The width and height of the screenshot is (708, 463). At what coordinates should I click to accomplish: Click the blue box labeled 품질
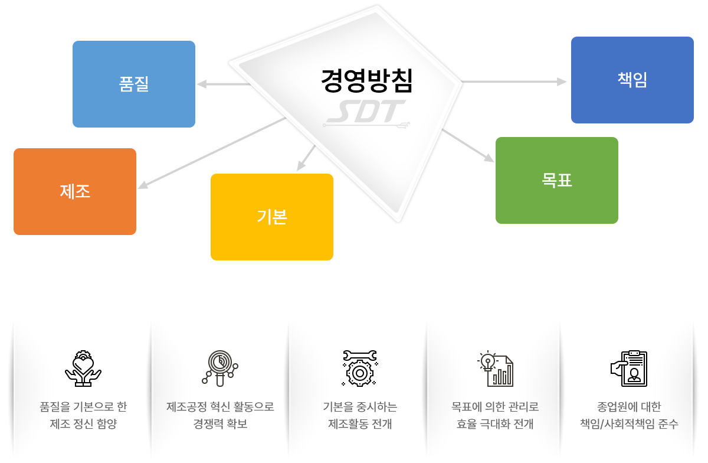pos(134,84)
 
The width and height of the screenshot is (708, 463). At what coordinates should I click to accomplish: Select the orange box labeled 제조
pos(75,191)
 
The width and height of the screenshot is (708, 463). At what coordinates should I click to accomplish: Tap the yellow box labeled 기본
pos(272,217)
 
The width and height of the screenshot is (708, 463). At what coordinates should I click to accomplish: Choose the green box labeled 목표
pos(556,180)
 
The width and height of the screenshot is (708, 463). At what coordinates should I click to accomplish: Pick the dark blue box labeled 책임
pos(632,80)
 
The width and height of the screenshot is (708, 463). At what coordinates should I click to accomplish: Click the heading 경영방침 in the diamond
pos(366,80)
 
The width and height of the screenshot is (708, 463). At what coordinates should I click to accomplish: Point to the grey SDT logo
pos(366,113)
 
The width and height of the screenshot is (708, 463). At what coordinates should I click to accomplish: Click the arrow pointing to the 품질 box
pos(224,84)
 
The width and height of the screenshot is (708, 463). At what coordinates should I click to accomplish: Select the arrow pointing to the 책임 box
pos(514,81)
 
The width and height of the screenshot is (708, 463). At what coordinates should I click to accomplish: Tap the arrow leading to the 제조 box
pos(212,153)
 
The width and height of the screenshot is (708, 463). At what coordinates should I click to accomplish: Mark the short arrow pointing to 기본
pos(306,158)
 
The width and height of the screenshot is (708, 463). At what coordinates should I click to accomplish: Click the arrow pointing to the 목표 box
pos(468,146)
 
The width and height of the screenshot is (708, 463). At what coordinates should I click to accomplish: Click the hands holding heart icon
pos(83,369)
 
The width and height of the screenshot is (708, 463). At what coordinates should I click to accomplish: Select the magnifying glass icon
pos(220,369)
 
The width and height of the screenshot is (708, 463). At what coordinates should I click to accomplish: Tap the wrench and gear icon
pos(360,369)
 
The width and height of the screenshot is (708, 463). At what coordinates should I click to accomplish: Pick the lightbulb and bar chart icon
pos(495,369)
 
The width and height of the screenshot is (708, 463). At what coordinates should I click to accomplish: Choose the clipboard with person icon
pos(629,369)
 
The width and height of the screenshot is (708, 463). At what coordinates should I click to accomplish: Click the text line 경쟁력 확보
pos(220,423)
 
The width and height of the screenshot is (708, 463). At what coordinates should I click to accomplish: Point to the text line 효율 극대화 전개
pos(495,423)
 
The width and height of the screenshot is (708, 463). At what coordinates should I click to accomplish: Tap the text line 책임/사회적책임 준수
pos(629,423)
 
